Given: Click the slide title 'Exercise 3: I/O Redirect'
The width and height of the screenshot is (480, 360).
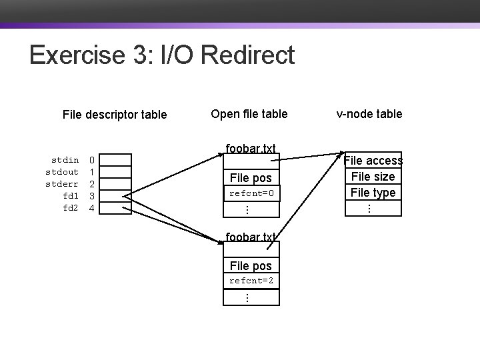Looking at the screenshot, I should click(162, 55).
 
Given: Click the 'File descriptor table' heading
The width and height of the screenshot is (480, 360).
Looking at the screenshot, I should click(114, 115).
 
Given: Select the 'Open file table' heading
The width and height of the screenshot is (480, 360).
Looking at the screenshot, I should click(249, 114).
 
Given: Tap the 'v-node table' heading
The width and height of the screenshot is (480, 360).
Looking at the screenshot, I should click(369, 114).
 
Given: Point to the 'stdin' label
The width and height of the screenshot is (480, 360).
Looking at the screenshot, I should click(65, 160).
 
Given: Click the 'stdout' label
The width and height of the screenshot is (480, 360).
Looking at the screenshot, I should click(62, 172).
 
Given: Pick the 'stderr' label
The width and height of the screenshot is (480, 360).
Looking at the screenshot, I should click(62, 184).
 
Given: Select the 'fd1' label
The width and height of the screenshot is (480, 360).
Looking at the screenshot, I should click(70, 196).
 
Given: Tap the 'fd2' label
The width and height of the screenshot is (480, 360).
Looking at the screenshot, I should click(70, 208).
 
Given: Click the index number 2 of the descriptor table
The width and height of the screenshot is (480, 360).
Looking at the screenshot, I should click(93, 184).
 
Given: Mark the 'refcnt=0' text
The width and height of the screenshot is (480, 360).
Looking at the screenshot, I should click(251, 193).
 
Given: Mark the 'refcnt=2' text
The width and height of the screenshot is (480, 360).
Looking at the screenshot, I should click(251, 281).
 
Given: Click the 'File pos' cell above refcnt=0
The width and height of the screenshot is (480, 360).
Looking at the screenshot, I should click(251, 177).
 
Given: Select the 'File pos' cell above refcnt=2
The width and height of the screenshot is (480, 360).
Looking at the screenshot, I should click(251, 265).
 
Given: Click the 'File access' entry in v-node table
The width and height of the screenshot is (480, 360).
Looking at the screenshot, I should click(373, 161).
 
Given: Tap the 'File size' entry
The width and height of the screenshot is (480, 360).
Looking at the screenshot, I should click(373, 177).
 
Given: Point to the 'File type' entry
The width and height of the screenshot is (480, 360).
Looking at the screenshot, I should click(373, 193).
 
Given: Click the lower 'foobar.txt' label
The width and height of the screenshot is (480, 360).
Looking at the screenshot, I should click(251, 237).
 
